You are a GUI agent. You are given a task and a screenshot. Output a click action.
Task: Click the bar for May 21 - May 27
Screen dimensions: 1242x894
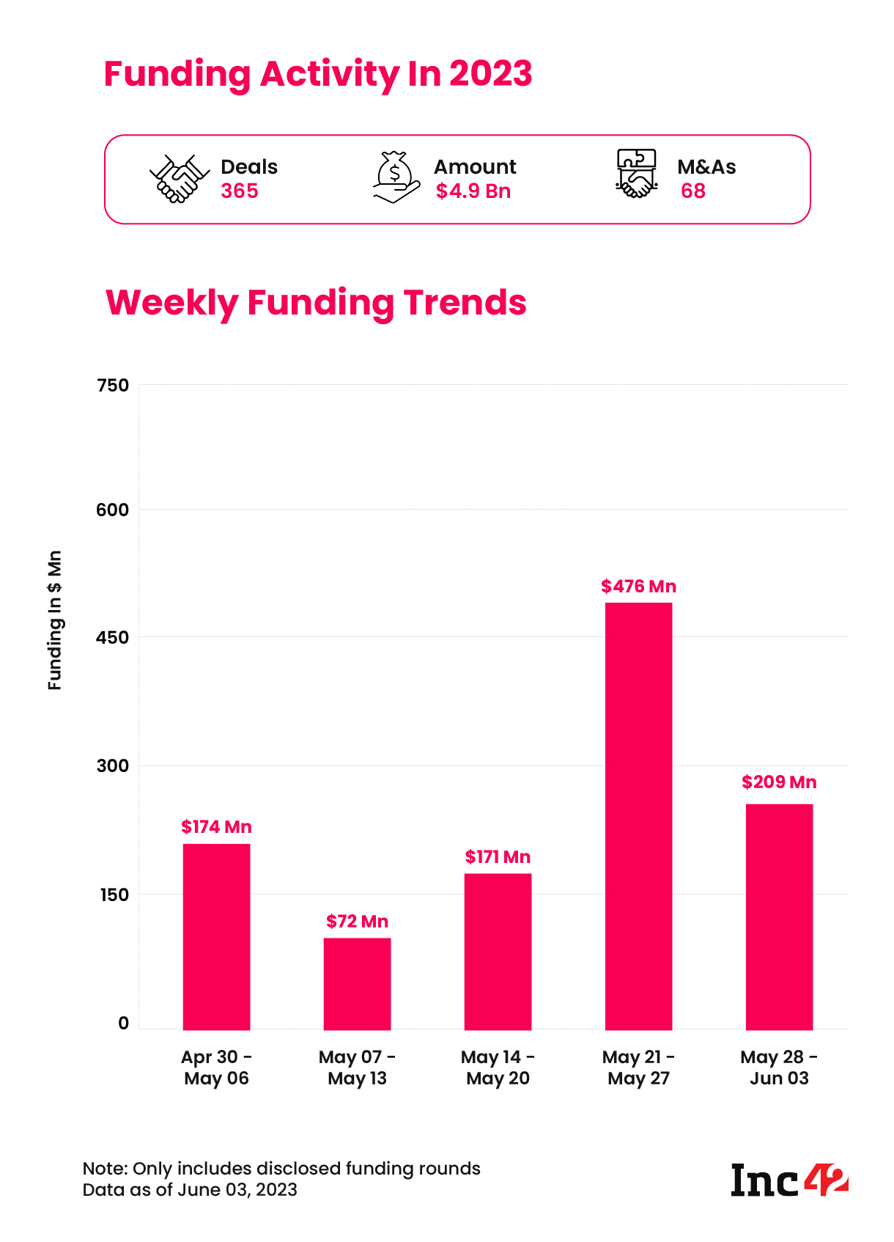[638, 815]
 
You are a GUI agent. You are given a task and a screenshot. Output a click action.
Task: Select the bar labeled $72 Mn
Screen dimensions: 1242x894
[357, 983]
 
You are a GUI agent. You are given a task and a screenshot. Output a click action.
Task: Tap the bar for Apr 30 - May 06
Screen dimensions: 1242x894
[216, 936]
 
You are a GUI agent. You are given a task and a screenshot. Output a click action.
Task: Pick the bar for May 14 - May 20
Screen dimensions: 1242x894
[498, 951]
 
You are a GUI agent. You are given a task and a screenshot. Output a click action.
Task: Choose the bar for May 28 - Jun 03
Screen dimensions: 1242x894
[779, 916]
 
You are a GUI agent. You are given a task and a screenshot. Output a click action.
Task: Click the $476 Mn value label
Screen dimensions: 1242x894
[638, 587]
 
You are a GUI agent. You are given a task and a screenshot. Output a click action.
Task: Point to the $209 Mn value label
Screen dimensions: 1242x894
[779, 782]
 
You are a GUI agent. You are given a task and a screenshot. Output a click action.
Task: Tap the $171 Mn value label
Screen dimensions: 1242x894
[498, 857]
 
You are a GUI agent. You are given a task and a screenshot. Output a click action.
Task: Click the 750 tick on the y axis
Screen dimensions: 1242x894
[113, 386]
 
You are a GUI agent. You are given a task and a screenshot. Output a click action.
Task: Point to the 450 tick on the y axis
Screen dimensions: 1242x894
[113, 638]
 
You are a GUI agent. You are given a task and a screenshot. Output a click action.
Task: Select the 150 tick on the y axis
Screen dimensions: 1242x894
[113, 895]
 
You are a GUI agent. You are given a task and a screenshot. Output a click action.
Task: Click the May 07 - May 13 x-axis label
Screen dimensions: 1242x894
[357, 1068]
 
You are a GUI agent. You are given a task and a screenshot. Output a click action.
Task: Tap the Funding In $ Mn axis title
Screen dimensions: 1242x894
[55, 620]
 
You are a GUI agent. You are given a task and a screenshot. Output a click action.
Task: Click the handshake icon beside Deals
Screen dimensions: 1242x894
[175, 178]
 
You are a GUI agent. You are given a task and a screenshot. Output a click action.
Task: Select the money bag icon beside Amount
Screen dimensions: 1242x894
[396, 177]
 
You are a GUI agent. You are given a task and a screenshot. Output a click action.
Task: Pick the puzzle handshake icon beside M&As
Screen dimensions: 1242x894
[635, 174]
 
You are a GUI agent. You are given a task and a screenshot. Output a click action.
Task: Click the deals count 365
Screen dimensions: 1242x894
[240, 191]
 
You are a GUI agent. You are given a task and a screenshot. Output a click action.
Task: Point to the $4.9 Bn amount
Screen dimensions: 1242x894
[473, 191]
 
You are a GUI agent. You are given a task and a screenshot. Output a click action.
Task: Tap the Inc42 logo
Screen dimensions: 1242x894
[789, 1180]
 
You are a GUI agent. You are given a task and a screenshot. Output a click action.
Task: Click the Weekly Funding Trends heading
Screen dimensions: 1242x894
[316, 302]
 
